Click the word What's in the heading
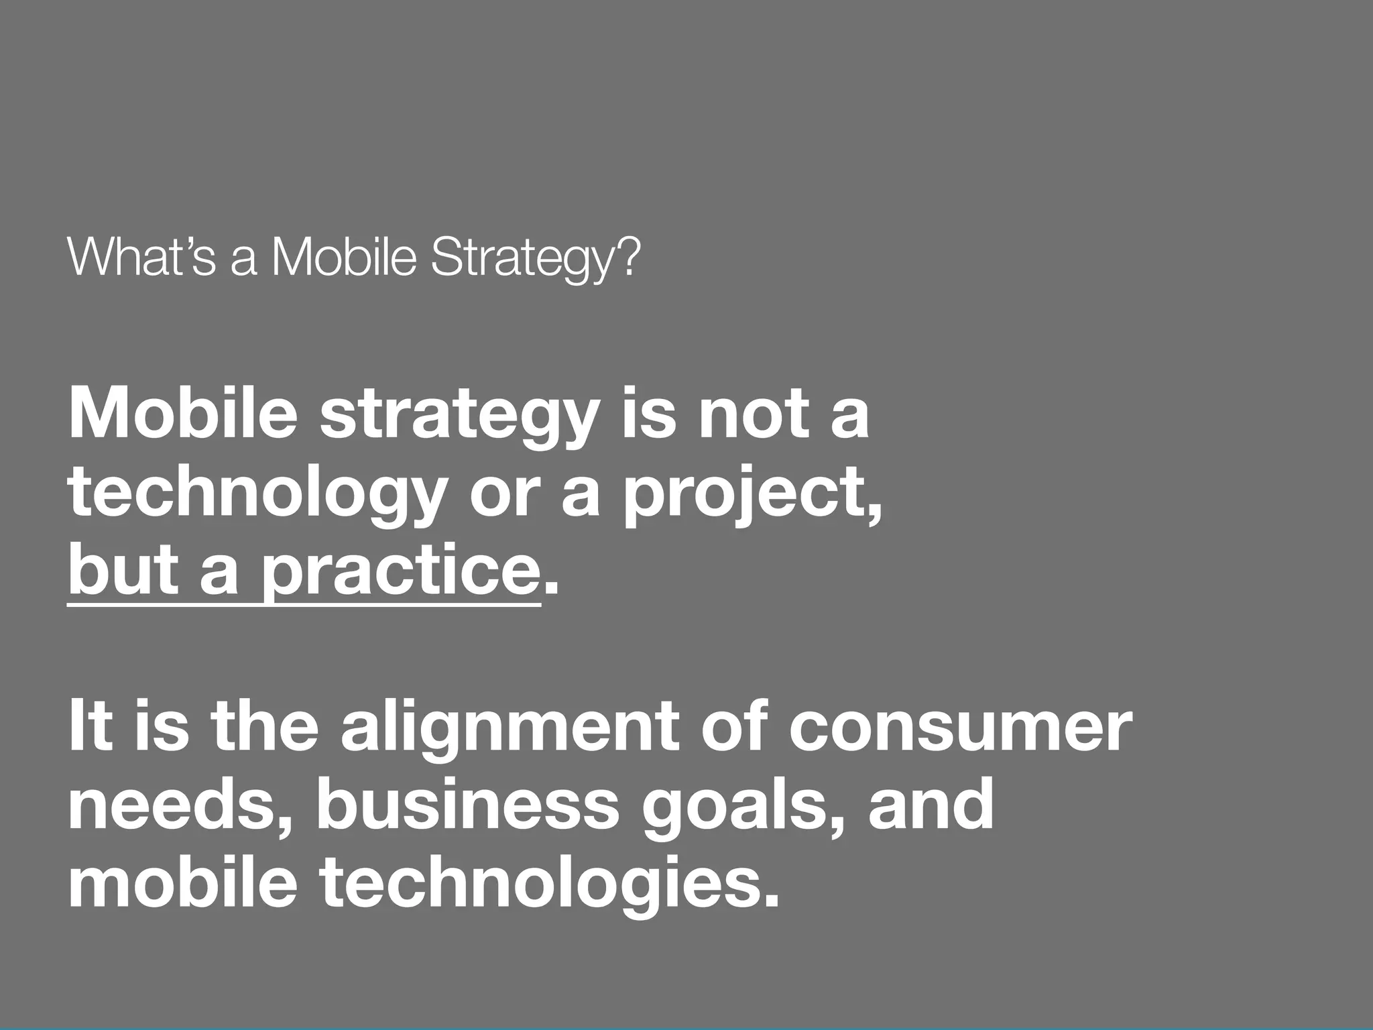(x=141, y=257)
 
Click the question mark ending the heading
(x=629, y=257)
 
